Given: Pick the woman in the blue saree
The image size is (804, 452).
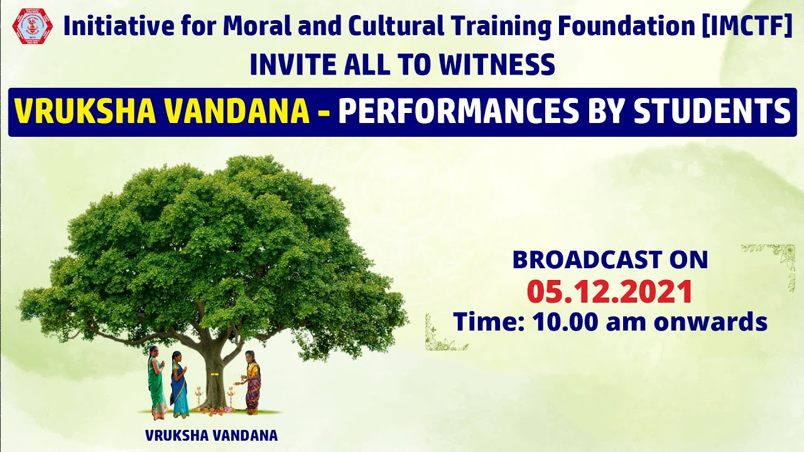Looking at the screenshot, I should click(x=178, y=384).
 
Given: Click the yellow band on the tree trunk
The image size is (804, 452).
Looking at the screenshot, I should click(x=215, y=375).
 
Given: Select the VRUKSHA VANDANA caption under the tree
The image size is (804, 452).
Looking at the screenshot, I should click(x=211, y=435).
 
